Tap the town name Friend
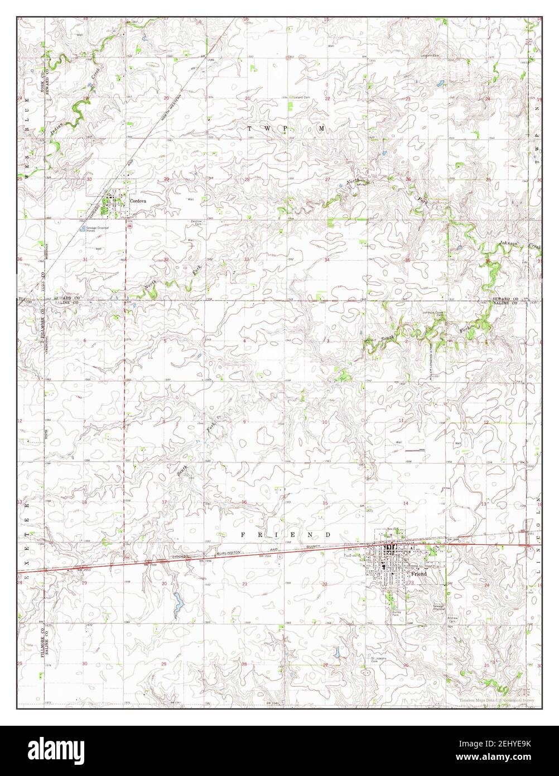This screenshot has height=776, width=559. tap(418, 573)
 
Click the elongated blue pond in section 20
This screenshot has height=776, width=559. tap(178, 602)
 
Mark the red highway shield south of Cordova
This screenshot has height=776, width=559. tap(129, 226)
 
